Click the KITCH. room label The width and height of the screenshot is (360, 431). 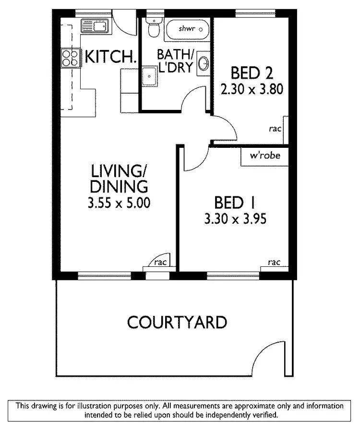coord(111,57)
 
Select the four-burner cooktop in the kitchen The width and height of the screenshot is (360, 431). coord(70,58)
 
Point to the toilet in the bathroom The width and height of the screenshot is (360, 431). coord(154,28)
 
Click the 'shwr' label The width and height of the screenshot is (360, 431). coord(186,29)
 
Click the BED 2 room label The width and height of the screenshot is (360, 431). coord(252,73)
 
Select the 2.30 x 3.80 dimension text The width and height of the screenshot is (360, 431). coord(252,89)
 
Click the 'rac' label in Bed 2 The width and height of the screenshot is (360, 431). coord(275,129)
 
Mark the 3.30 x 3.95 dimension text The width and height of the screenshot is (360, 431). coord(235,219)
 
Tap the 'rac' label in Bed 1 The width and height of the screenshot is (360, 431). coord(274,262)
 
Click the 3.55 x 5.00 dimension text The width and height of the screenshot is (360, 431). coord(119,203)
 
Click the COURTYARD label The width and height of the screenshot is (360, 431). coord(177,322)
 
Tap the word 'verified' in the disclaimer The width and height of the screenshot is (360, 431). coord(263,414)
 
